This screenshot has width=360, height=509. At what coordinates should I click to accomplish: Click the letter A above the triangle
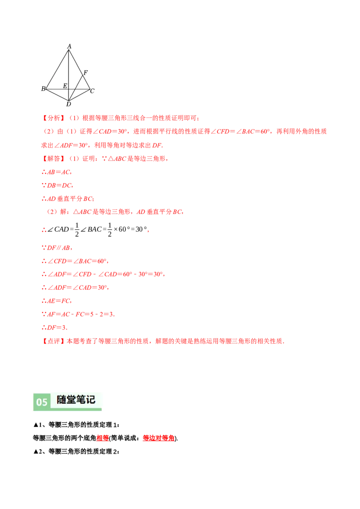(69, 46)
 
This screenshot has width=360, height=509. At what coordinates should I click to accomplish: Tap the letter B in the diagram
(43, 89)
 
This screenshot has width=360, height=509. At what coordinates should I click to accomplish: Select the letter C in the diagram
(92, 91)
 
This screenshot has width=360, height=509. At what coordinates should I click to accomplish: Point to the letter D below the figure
(68, 104)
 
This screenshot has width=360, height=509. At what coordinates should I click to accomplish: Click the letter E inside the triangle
(65, 85)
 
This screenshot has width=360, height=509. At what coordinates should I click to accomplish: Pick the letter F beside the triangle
(85, 72)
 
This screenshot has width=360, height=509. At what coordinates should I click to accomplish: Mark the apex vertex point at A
(69, 49)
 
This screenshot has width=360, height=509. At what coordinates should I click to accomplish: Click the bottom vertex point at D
(68, 100)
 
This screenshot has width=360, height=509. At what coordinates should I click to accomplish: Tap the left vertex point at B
(46, 89)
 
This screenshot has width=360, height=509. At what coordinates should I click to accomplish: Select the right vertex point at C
(90, 89)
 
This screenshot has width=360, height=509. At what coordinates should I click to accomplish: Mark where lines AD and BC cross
(69, 89)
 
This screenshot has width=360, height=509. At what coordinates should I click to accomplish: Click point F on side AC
(82, 75)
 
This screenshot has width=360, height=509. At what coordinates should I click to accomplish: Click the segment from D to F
(76, 87)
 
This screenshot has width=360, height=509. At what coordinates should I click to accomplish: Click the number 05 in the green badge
(42, 402)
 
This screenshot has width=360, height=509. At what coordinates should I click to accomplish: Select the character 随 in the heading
(62, 400)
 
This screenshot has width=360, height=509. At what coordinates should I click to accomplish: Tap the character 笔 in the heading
(82, 400)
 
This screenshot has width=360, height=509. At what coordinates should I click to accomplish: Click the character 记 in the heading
(91, 400)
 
